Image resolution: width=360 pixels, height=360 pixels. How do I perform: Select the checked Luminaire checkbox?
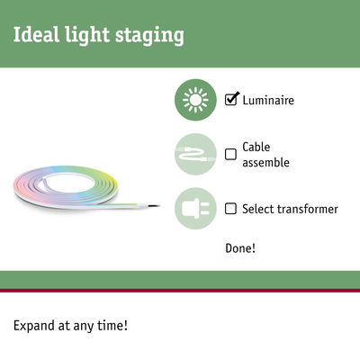pyautogui.click(x=231, y=100)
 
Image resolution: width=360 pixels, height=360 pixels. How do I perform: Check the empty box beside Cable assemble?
pyautogui.click(x=230, y=154)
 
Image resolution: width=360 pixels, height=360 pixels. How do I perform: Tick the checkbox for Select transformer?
pyautogui.click(x=230, y=209)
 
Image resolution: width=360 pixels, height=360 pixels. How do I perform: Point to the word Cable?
pyautogui.click(x=256, y=147)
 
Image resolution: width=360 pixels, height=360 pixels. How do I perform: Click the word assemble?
pyautogui.click(x=268, y=163)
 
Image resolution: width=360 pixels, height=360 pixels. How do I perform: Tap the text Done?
pyautogui.click(x=240, y=247)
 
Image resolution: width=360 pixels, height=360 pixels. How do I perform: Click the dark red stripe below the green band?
pyautogui.click(x=180, y=291)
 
